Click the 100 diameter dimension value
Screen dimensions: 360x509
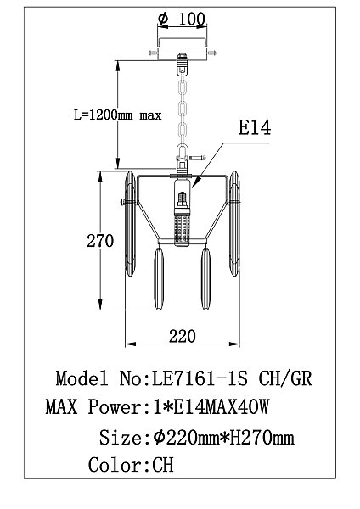[192, 19]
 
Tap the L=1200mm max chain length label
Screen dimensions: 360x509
[118, 115]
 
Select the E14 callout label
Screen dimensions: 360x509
[255, 127]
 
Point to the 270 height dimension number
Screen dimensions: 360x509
[100, 241]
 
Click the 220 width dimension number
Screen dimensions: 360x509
[183, 336]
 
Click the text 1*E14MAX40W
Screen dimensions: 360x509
[211, 407]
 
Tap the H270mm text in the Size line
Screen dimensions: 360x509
[262, 438]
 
